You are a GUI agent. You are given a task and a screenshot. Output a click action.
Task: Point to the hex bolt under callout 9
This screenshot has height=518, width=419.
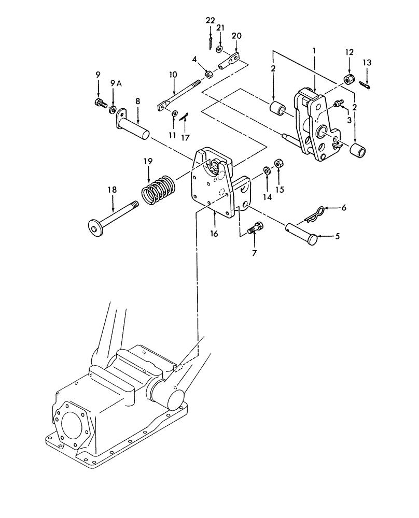(98, 104)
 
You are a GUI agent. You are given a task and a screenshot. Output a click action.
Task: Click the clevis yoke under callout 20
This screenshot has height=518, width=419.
(230, 61)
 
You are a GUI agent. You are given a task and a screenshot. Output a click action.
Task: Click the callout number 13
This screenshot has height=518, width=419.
(367, 63)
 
